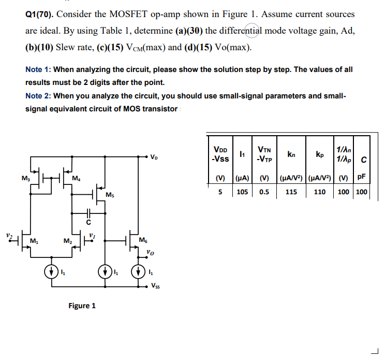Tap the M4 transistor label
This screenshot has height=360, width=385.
(76, 180)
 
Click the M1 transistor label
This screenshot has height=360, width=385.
(34, 241)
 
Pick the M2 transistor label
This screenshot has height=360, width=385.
(67, 241)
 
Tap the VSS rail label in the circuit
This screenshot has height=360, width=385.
(156, 285)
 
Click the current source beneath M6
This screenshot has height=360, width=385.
(138, 271)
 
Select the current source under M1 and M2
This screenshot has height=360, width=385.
(51, 271)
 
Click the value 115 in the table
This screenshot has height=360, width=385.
(291, 192)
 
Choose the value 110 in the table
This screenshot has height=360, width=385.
(320, 192)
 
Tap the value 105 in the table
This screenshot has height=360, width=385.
(242, 192)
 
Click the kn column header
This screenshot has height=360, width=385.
(291, 154)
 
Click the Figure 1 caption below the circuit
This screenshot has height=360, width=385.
(82, 306)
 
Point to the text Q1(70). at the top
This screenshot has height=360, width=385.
(42, 15)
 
